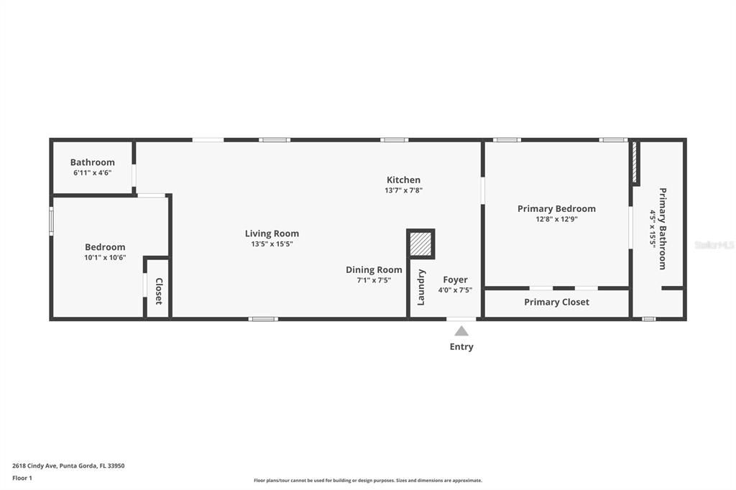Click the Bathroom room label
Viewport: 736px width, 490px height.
pos(92,162)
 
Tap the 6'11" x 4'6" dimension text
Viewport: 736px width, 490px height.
pos(92,172)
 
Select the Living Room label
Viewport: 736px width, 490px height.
pos(272,234)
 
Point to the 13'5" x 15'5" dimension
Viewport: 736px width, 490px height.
pos(272,244)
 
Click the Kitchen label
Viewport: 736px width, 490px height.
pos(403,180)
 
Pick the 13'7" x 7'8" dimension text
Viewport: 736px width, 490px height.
pos(403,190)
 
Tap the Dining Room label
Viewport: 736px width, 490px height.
pos(374,270)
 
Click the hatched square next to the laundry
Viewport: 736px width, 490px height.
pos(420,244)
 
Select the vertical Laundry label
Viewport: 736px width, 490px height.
pos(421,287)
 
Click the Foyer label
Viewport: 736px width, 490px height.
pos(455,279)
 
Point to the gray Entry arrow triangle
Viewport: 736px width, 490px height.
pos(461,331)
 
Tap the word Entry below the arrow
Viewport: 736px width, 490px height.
pos(461,347)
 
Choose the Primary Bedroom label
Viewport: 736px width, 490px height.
pos(556,209)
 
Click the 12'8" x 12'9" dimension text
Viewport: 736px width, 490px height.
pos(556,219)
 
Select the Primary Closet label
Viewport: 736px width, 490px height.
pos(556,302)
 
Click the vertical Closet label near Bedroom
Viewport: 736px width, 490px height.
pos(159,291)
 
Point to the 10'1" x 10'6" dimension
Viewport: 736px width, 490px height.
pos(105,257)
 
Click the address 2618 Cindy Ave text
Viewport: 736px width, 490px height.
pos(68,466)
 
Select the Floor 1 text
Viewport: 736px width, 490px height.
pos(22,478)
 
